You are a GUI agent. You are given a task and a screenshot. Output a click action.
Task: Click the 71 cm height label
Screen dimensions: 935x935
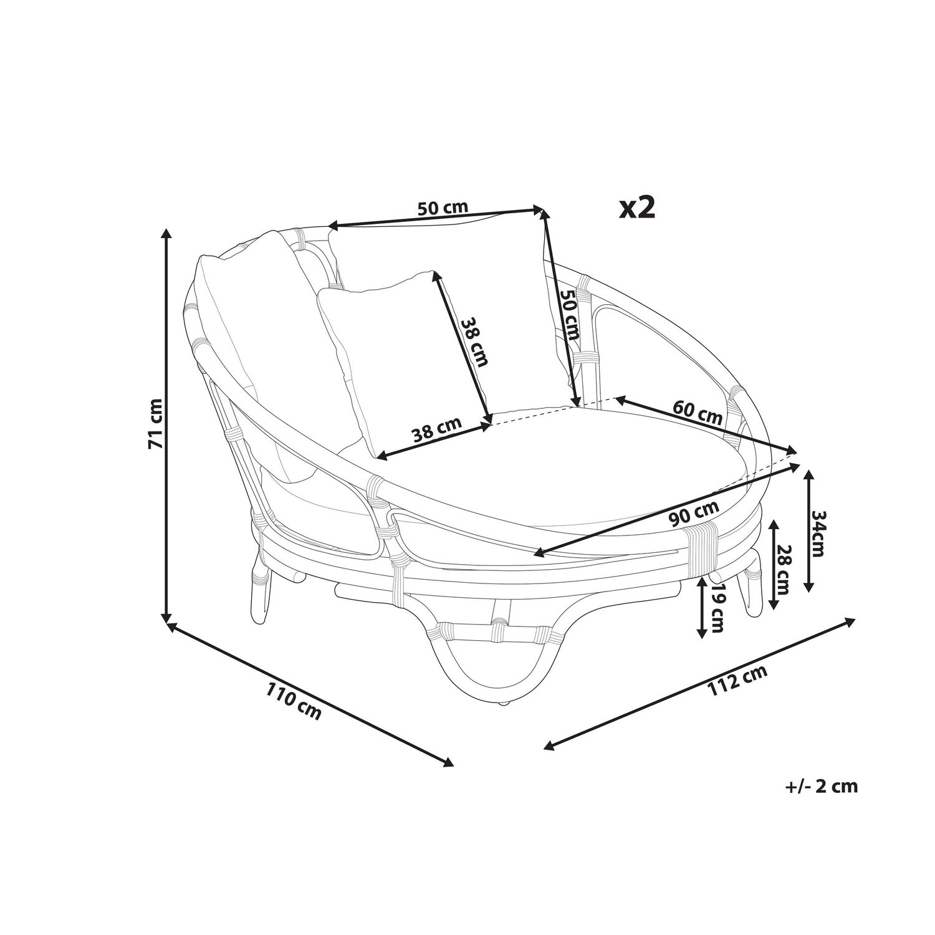[155, 424]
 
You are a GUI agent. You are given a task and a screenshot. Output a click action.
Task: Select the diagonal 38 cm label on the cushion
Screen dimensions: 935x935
[474, 342]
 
